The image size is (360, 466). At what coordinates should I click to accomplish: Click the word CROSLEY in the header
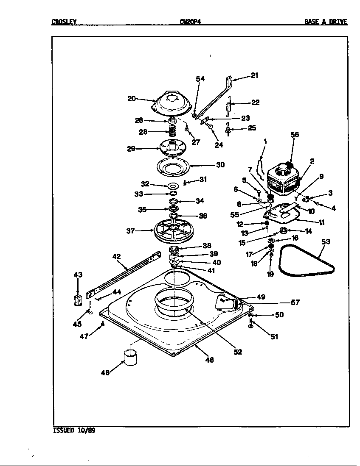click(x=64, y=22)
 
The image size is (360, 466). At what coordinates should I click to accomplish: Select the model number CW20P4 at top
click(x=190, y=22)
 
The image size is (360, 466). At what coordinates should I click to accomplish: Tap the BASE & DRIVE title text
click(x=326, y=22)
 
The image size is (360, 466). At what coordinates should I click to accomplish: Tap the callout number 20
click(x=132, y=99)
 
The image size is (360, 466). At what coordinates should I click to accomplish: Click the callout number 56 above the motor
click(x=294, y=135)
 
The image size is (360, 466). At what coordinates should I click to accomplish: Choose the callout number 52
click(x=238, y=352)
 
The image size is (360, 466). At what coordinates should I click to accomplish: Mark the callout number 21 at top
click(x=254, y=76)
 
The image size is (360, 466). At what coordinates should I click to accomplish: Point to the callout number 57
click(x=295, y=302)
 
